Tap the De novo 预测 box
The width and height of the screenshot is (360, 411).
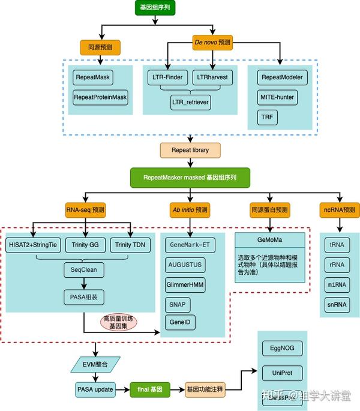tap(212, 43)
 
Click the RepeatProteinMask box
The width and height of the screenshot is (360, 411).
tap(101, 97)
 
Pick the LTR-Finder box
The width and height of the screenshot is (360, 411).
tap(167, 77)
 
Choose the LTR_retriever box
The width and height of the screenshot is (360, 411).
tap(190, 102)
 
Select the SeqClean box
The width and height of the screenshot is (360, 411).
tap(84, 270)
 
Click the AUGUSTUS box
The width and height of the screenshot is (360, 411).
tap(185, 264)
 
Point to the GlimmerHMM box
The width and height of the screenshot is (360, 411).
tap(185, 284)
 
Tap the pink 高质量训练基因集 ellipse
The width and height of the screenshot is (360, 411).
tap(118, 322)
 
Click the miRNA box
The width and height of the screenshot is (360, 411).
tap(337, 284)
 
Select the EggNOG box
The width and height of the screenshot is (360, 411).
tap(281, 348)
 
